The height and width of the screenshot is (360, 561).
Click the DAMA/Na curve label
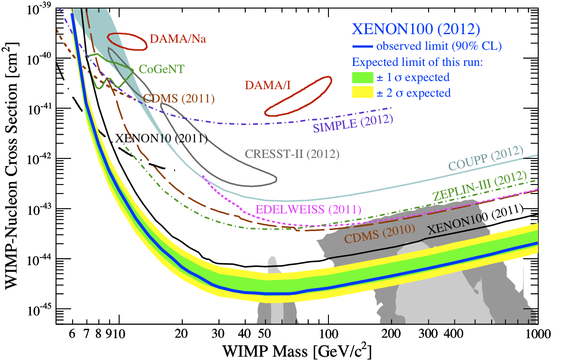(178, 39)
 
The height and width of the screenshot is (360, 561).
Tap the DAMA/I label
(267, 86)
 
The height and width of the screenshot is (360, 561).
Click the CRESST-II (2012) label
(291, 154)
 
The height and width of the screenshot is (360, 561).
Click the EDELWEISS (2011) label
(309, 209)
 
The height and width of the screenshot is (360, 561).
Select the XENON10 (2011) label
(161, 139)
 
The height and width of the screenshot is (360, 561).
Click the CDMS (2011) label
(179, 99)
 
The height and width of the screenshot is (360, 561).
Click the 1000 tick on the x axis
(537, 334)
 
